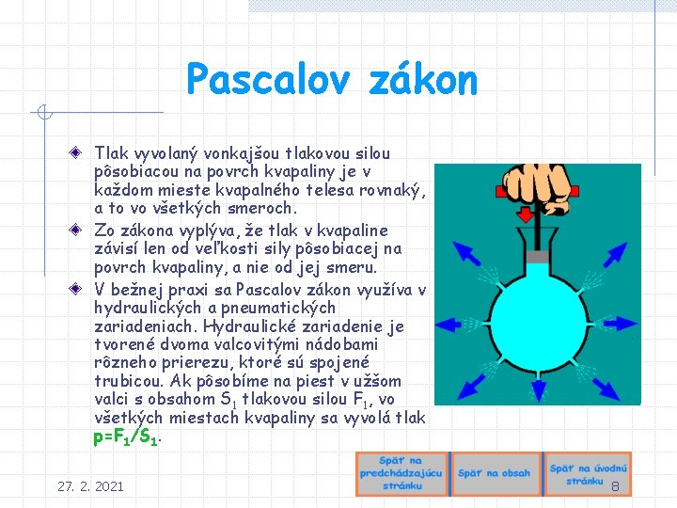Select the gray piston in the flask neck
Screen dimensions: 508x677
535,257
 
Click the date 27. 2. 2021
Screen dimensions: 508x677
90,486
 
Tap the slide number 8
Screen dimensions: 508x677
615,486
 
